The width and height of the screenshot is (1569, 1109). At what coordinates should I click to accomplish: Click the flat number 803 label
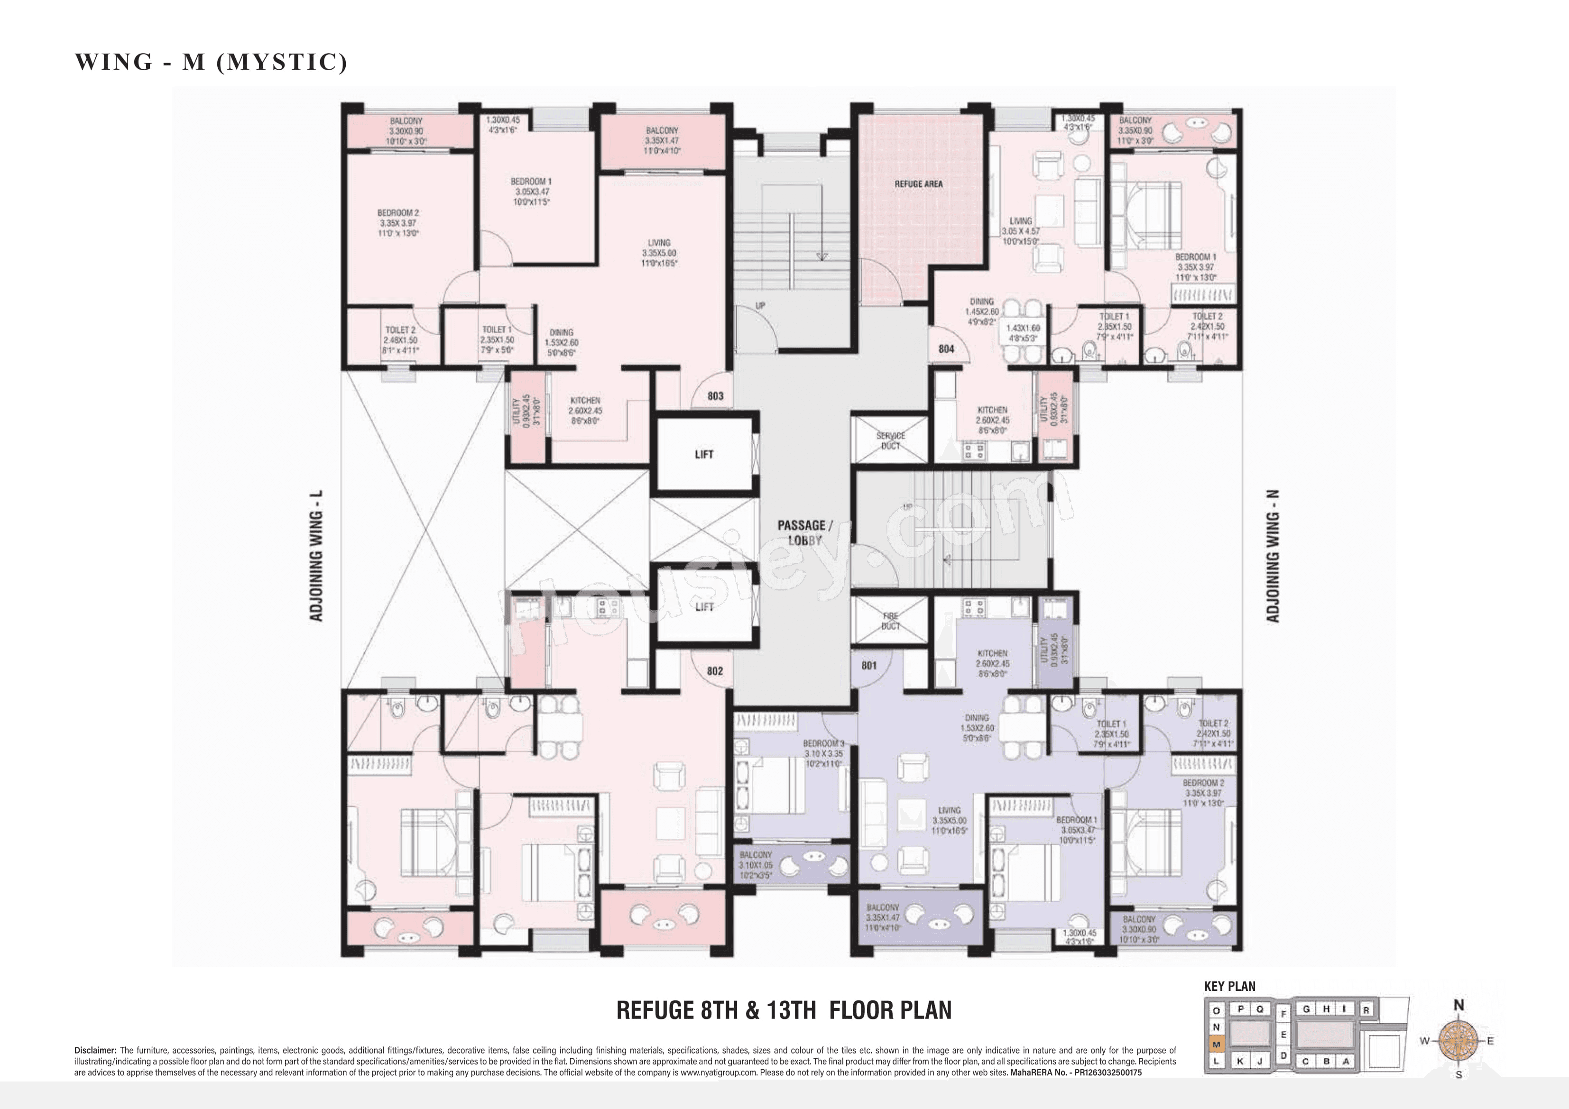(x=715, y=395)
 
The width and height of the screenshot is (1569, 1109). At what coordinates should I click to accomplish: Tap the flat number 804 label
(x=946, y=349)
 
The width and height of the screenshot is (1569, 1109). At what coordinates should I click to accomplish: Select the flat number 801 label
(x=868, y=665)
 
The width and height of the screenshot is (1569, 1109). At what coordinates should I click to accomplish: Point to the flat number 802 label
(x=715, y=671)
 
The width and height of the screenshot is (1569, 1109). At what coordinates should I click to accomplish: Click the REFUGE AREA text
(x=918, y=184)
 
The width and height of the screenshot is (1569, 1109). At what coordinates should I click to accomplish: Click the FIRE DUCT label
(x=890, y=621)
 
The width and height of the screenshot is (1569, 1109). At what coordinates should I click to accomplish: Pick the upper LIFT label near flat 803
(x=704, y=454)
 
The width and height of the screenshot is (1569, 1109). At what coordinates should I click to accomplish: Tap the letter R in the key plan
(x=1366, y=1010)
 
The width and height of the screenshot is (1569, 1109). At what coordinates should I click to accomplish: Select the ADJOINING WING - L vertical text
(x=316, y=556)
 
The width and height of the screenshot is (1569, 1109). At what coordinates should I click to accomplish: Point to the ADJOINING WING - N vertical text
(x=1273, y=556)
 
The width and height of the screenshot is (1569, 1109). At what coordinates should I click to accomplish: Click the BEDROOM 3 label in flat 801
(x=823, y=743)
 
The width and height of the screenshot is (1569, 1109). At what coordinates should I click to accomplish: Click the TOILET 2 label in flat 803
(x=400, y=330)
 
